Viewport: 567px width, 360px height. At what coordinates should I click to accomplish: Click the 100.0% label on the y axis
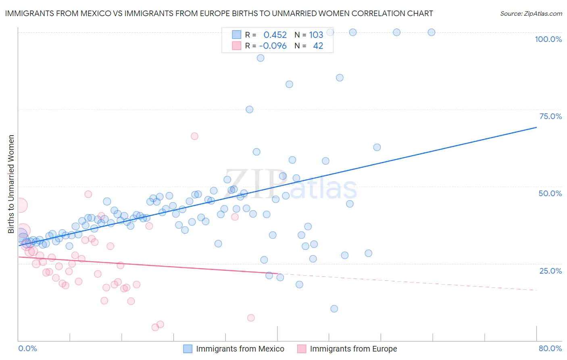548,39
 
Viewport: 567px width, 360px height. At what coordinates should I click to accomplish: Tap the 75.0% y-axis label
550,116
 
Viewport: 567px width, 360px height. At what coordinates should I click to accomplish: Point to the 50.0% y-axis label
550,193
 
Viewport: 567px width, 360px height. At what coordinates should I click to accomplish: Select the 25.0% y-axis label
550,270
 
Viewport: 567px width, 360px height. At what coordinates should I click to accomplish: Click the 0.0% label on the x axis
27,348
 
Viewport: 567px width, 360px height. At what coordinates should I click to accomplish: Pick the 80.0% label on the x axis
550,348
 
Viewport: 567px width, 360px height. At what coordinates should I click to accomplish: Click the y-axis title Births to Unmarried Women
11,184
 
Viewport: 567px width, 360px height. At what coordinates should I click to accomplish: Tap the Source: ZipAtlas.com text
531,14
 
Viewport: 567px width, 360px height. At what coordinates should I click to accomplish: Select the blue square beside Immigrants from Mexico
188,349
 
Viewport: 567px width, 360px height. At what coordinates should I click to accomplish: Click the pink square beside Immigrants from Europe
302,349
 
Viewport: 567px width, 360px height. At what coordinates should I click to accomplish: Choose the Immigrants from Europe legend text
353,349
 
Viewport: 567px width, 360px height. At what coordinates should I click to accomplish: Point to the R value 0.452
275,35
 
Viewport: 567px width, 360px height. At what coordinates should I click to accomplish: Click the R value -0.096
273,46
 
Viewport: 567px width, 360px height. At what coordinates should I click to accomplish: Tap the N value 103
316,35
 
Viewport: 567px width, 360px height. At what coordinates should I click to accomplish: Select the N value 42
318,46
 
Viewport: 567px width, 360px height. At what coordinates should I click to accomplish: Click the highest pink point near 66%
194,136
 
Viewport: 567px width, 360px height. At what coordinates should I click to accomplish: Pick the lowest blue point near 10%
334,309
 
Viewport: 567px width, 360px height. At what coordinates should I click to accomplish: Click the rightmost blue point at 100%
431,32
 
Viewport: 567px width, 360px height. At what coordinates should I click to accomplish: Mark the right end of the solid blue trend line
536,127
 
